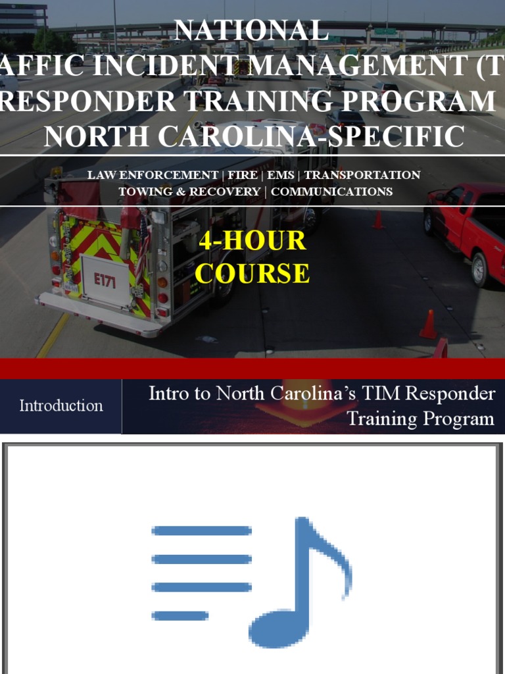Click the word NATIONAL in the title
click(251, 31)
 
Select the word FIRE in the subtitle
click(243, 175)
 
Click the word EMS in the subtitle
click(281, 175)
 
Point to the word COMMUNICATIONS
click(332, 192)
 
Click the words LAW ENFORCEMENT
click(153, 175)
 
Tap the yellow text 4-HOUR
click(252, 241)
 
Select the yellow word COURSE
click(252, 273)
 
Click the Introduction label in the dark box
click(61, 405)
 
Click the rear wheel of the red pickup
click(480, 269)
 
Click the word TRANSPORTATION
click(362, 175)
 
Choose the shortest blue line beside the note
click(180, 616)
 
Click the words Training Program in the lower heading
click(420, 419)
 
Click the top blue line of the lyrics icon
click(202, 531)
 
